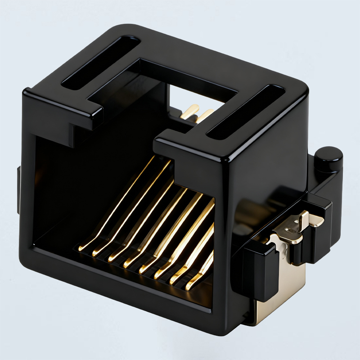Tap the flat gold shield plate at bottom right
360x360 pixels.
coord(274,297)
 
